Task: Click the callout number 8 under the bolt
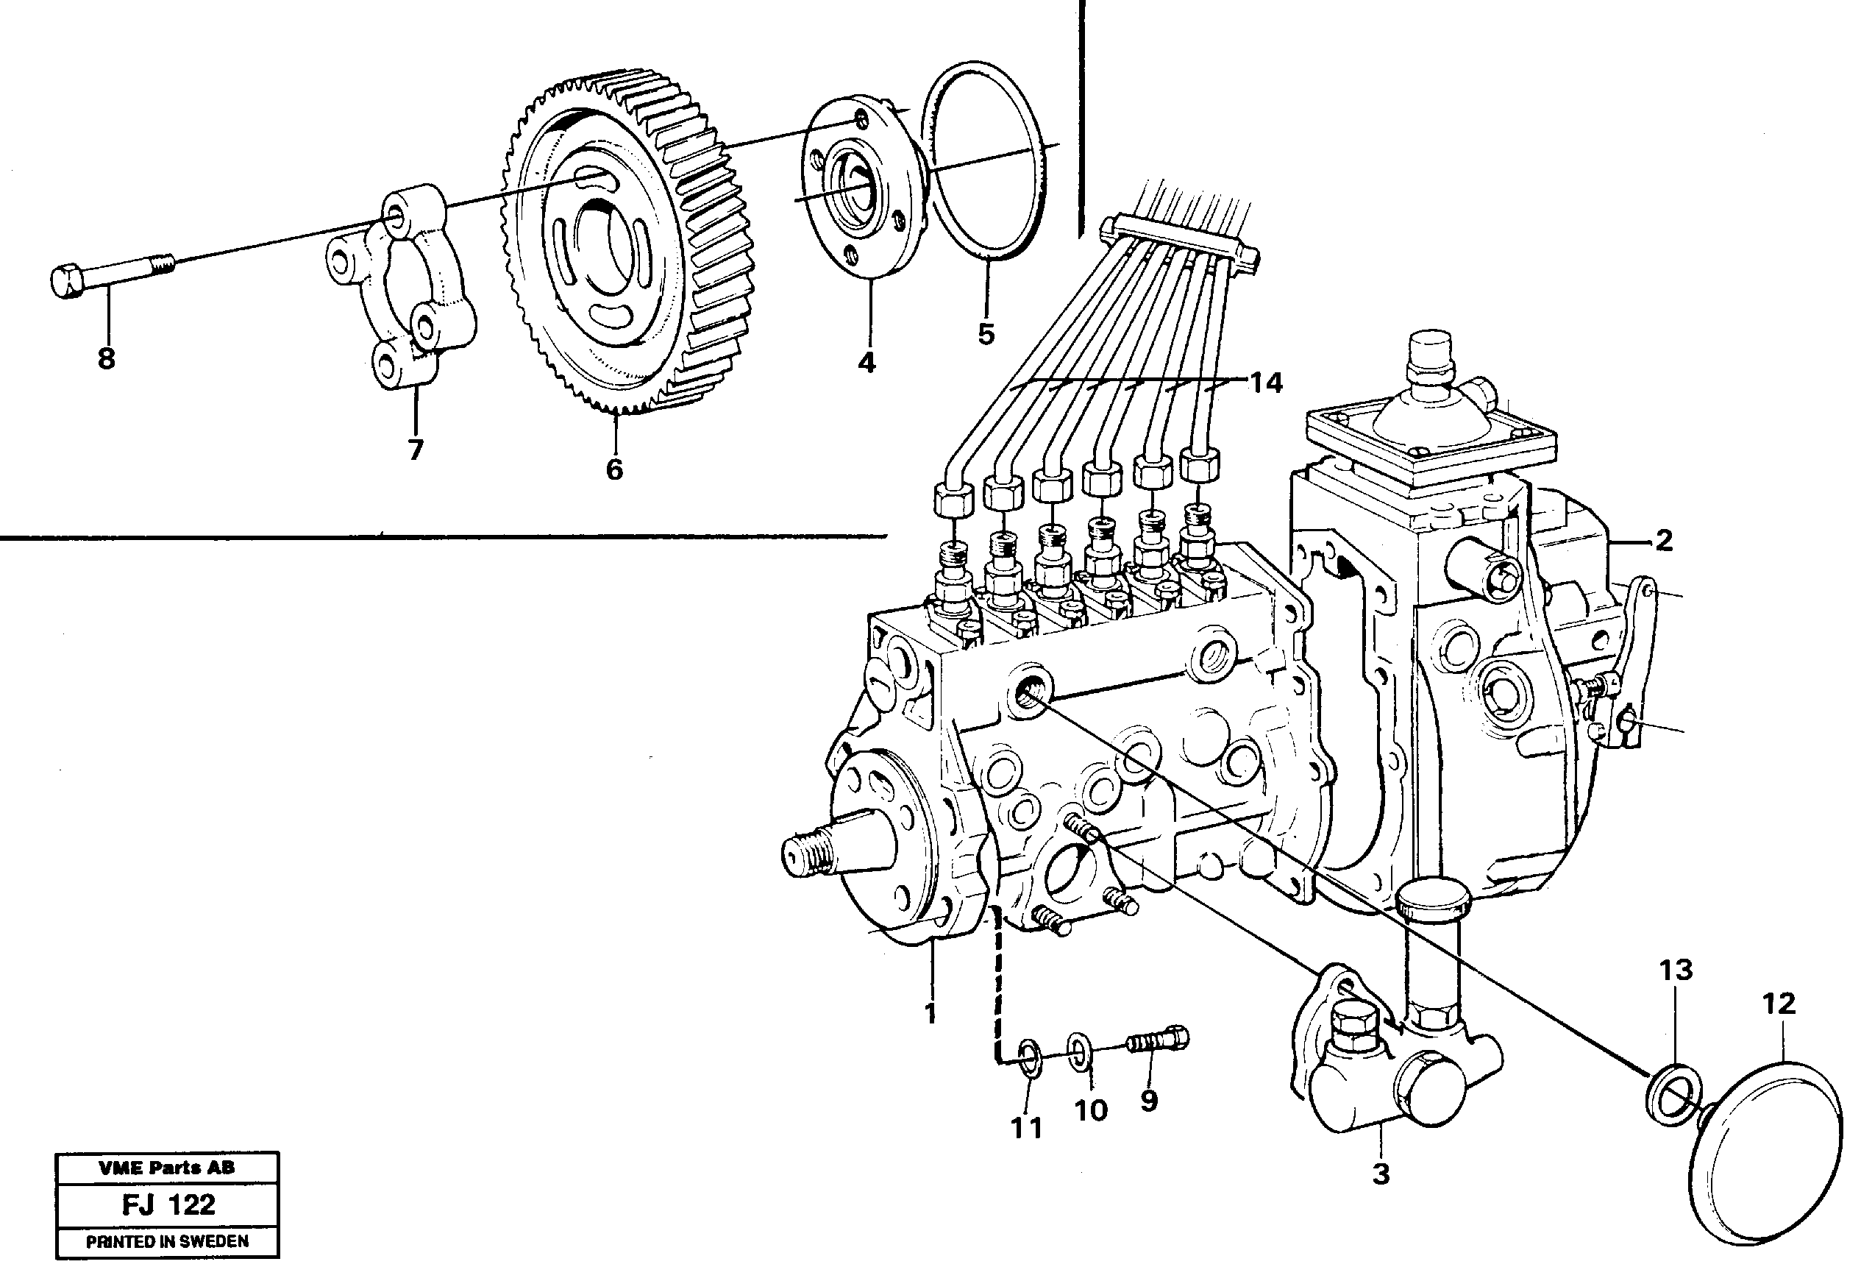pyautogui.click(x=107, y=359)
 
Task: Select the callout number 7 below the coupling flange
pyautogui.click(x=415, y=450)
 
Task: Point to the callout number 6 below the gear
pyautogui.click(x=614, y=469)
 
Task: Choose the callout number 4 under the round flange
pyautogui.click(x=867, y=363)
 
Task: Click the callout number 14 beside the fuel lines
pyautogui.click(x=1267, y=383)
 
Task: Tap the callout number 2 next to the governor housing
pyautogui.click(x=1664, y=542)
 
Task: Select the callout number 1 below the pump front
pyautogui.click(x=930, y=1014)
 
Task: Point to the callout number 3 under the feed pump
pyautogui.click(x=1381, y=1174)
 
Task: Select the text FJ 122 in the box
pyautogui.click(x=168, y=1205)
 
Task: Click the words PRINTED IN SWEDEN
pyautogui.click(x=168, y=1241)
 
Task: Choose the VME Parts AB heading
pyautogui.click(x=168, y=1168)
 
